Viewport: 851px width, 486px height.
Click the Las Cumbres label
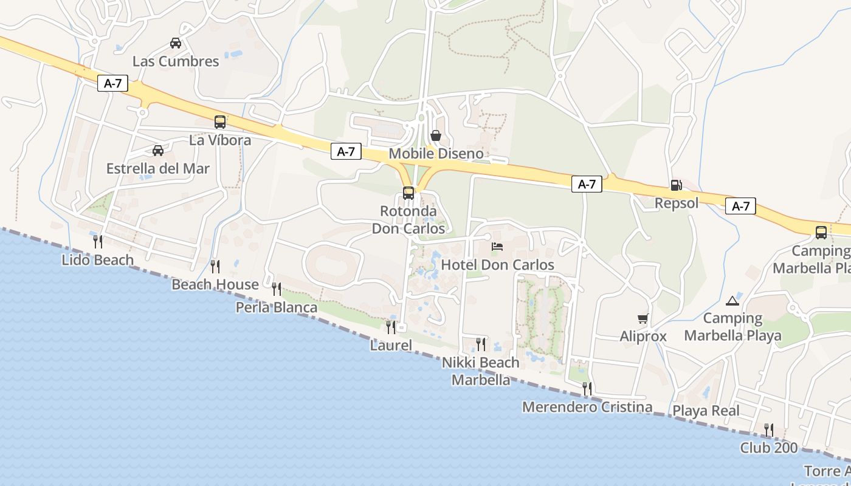(x=176, y=61)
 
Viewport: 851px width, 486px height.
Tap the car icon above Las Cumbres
(x=176, y=43)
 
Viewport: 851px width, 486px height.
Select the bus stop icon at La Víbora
(x=220, y=122)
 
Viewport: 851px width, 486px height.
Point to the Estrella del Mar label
(x=157, y=169)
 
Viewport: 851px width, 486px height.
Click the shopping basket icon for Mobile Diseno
(x=436, y=135)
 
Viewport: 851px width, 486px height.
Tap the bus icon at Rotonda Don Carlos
(x=408, y=194)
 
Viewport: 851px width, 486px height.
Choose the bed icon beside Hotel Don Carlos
(x=497, y=247)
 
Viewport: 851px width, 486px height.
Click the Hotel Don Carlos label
(x=497, y=265)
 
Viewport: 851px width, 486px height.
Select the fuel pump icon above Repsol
(x=676, y=185)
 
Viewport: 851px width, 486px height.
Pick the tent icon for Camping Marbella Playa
(x=732, y=300)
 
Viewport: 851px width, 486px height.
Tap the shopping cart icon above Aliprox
(x=643, y=318)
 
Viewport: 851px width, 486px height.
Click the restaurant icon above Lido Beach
(x=97, y=242)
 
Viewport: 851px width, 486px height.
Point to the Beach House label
(x=215, y=284)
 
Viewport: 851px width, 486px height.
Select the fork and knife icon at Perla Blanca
(x=277, y=289)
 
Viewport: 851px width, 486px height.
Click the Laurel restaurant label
(x=391, y=346)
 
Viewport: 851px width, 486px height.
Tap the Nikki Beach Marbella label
(x=481, y=371)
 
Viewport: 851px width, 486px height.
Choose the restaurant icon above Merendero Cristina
(x=587, y=389)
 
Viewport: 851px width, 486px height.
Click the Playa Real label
(x=706, y=411)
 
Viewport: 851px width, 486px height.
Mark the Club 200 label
(x=769, y=448)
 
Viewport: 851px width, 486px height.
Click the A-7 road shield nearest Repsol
(x=740, y=207)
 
